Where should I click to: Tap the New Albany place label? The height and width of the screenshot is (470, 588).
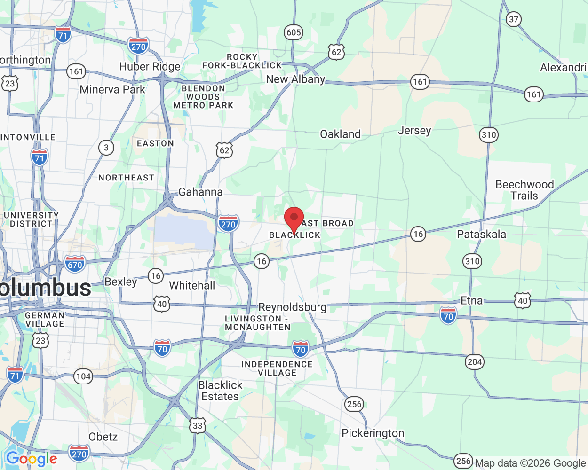[295, 79]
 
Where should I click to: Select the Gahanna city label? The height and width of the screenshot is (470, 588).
[200, 192]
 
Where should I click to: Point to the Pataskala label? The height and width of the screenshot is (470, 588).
[481, 234]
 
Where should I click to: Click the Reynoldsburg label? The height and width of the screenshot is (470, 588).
[292, 307]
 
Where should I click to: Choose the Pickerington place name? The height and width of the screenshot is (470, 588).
[373, 433]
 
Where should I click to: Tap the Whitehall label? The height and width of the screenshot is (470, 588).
[192, 285]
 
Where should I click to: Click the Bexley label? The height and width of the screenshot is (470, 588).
[120, 282]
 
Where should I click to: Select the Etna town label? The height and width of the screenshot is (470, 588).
[471, 301]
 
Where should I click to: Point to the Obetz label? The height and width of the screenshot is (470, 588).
[103, 437]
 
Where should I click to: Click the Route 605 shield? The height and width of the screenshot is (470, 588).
[294, 32]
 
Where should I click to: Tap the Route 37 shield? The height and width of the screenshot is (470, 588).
[514, 19]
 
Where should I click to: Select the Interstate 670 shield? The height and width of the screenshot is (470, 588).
[75, 264]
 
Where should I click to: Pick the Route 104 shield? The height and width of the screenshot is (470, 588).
[83, 376]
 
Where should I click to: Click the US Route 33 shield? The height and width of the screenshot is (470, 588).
[198, 426]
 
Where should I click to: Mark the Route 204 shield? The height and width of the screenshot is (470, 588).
[475, 361]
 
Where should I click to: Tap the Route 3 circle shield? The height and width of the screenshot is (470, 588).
[106, 148]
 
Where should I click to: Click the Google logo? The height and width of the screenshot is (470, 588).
[32, 459]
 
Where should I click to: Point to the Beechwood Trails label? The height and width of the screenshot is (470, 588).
[524, 190]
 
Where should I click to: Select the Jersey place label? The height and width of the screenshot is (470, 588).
[414, 130]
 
